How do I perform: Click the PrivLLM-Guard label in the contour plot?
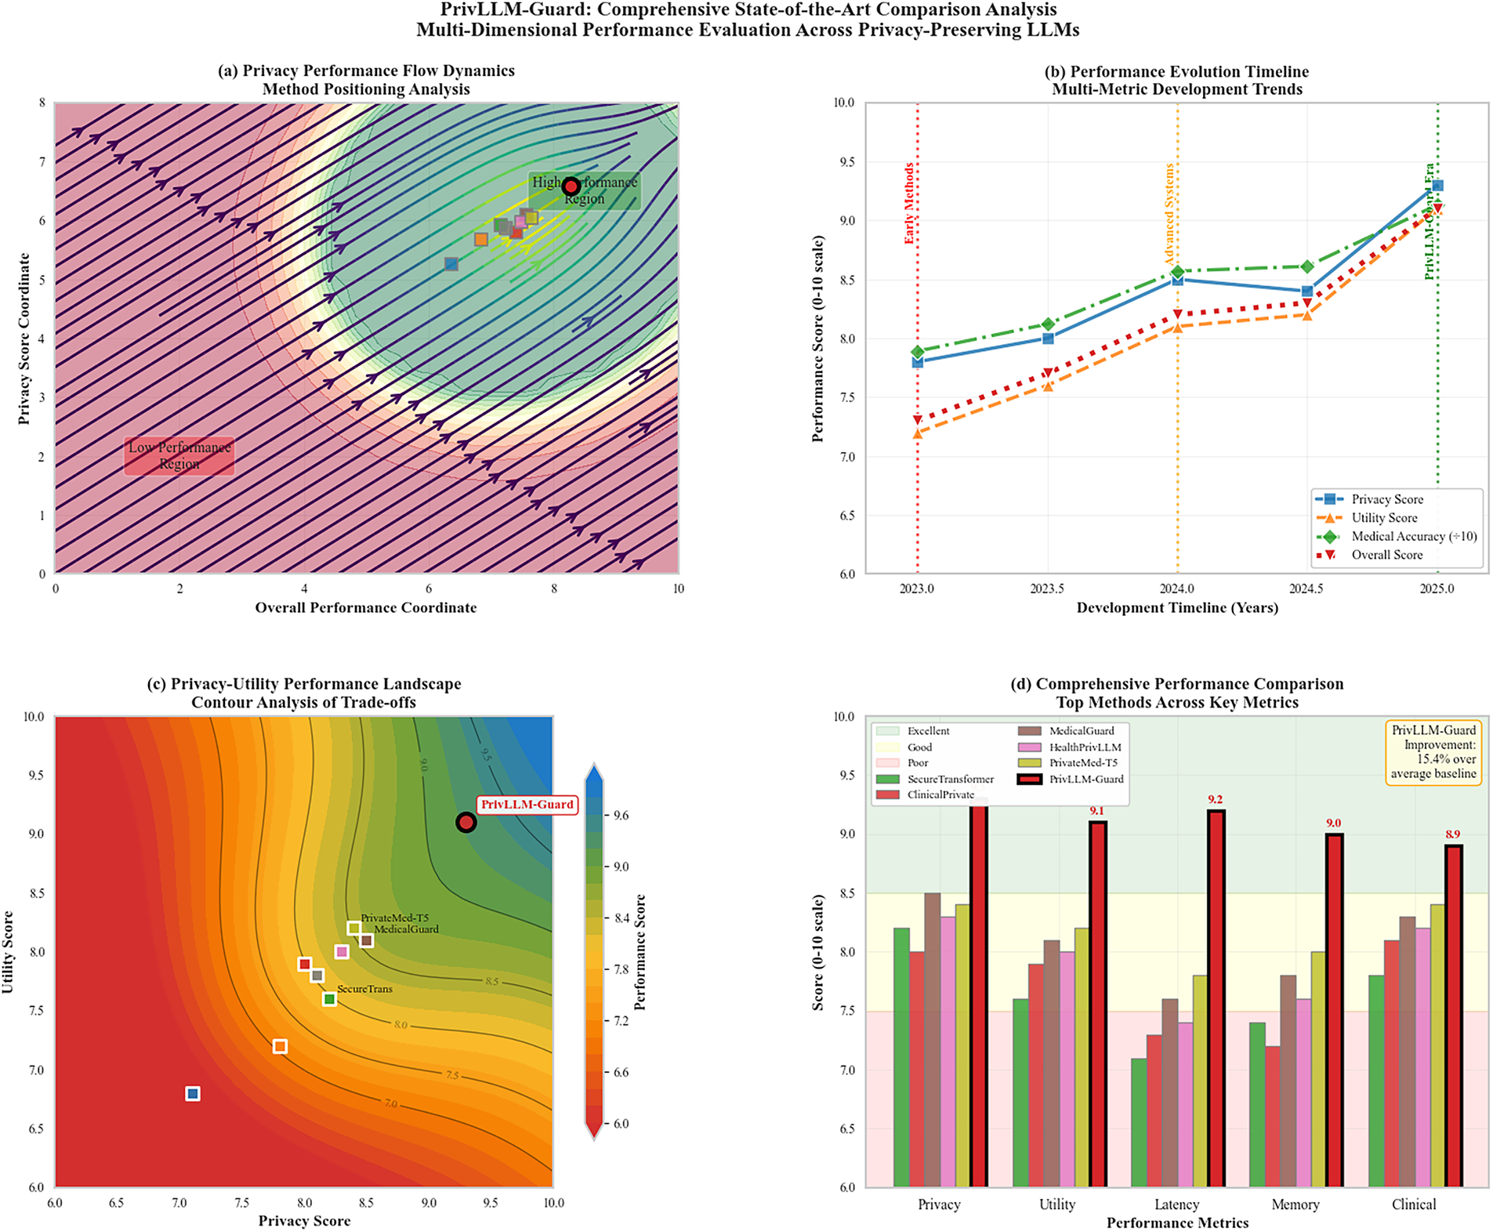pyautogui.click(x=527, y=805)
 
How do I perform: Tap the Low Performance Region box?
pyautogui.click(x=179, y=455)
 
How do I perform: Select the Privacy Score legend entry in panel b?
pyautogui.click(x=1386, y=499)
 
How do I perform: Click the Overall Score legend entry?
pyautogui.click(x=1386, y=555)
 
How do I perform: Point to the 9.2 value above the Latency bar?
pyautogui.click(x=1215, y=799)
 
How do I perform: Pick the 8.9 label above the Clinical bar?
pyautogui.click(x=1453, y=835)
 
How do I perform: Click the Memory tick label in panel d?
pyautogui.click(x=1295, y=1204)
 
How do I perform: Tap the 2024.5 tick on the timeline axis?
pyautogui.click(x=1306, y=588)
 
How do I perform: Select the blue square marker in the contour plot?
pyautogui.click(x=193, y=1093)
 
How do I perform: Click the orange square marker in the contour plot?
pyautogui.click(x=280, y=1046)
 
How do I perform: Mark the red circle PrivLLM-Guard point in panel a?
pyautogui.click(x=571, y=186)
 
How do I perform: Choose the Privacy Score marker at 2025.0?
pyautogui.click(x=1437, y=186)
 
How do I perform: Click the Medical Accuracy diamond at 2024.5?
pyautogui.click(x=1306, y=267)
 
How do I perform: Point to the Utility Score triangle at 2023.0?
pyautogui.click(x=917, y=433)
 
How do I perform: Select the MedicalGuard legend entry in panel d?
pyautogui.click(x=1081, y=731)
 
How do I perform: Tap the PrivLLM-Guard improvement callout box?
pyautogui.click(x=1433, y=752)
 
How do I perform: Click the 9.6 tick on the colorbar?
pyautogui.click(x=621, y=816)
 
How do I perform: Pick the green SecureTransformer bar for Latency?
pyautogui.click(x=1139, y=1122)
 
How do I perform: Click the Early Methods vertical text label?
pyautogui.click(x=909, y=204)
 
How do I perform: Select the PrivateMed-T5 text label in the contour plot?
pyautogui.click(x=394, y=918)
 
